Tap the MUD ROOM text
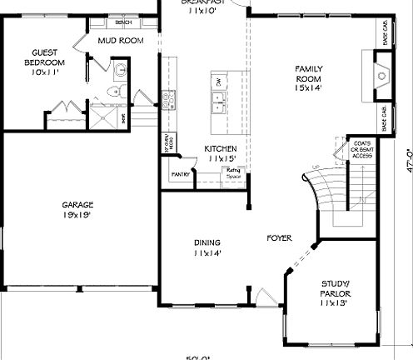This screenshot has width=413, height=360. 120,40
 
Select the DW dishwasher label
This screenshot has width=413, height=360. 218,82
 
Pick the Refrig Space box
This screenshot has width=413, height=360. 232,172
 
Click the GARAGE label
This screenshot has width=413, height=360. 77,205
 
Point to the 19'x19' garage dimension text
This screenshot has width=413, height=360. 77,215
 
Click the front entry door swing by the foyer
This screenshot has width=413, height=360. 265,296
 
